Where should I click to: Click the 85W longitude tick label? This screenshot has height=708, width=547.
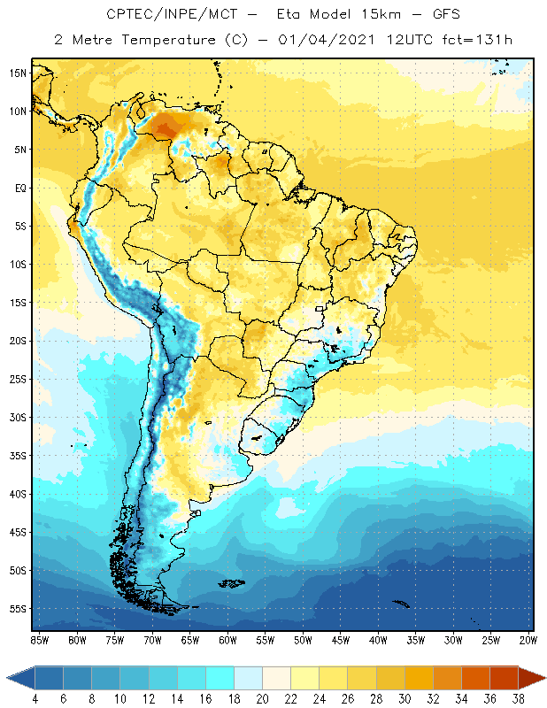[39, 640]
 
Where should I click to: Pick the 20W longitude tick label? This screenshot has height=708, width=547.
[528, 640]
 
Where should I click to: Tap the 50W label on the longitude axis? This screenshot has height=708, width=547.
[303, 640]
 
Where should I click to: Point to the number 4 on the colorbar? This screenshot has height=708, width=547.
[35, 699]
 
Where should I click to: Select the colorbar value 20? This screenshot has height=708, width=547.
[261, 699]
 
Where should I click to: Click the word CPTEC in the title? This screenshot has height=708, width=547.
[127, 15]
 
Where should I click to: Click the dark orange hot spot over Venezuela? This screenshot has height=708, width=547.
[164, 130]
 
